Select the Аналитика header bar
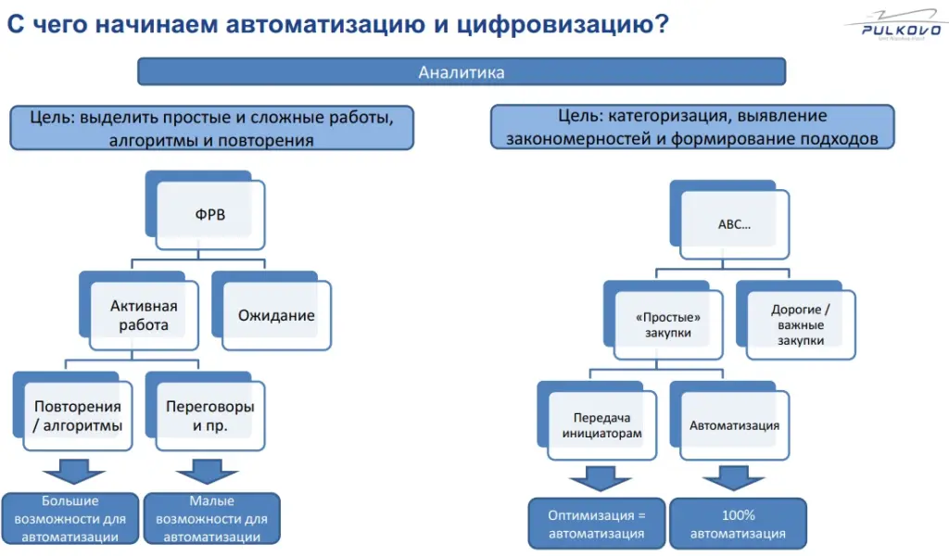(462, 72)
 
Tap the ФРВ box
(210, 215)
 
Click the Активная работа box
(144, 315)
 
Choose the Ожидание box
(276, 315)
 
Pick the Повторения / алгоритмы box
(78, 416)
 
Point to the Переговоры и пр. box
(210, 416)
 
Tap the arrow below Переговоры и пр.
(209, 470)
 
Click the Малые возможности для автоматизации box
(211, 518)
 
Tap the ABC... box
(735, 224)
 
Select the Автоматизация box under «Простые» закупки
(735, 425)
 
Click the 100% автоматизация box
(738, 524)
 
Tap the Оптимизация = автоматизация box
(597, 524)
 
